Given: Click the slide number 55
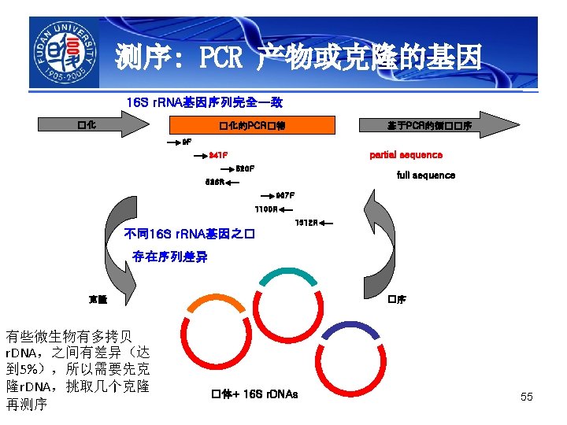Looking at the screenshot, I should tap(526, 397).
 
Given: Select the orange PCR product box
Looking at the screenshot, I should tap(251, 125).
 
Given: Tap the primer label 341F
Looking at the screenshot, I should tap(218, 155).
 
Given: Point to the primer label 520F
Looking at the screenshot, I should tap(245, 168).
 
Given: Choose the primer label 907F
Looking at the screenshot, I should tap(284, 195).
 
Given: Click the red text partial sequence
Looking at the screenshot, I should tap(406, 155).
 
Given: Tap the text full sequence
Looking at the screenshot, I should tap(425, 175).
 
